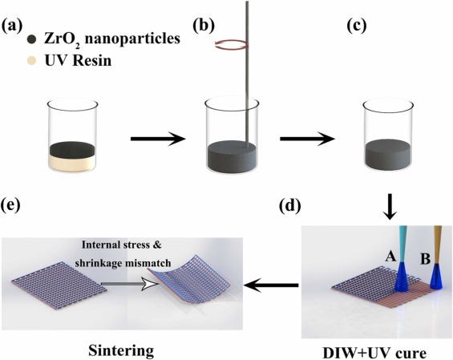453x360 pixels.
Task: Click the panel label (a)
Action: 11,26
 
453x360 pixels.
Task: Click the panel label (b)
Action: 204,26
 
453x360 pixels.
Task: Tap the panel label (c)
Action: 357,26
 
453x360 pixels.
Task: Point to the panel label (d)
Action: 289,206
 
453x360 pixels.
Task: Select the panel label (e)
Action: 11,206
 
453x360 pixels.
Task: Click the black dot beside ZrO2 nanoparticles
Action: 32,39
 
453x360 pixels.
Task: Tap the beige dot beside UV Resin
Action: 32,61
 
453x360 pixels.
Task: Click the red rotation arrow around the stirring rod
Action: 231,44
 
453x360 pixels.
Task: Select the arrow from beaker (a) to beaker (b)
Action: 158,139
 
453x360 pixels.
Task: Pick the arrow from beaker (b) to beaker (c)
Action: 307,139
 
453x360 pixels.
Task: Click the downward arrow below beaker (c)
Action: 390,207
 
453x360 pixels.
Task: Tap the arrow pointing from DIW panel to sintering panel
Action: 271,285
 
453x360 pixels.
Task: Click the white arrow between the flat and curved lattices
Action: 131,285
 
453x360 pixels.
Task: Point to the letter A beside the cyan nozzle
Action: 390,256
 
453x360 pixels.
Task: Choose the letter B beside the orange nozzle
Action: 425,259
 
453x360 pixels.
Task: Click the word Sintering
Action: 121,351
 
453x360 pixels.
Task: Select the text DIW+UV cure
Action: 374,354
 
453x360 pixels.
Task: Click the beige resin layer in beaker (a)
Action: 72,164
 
